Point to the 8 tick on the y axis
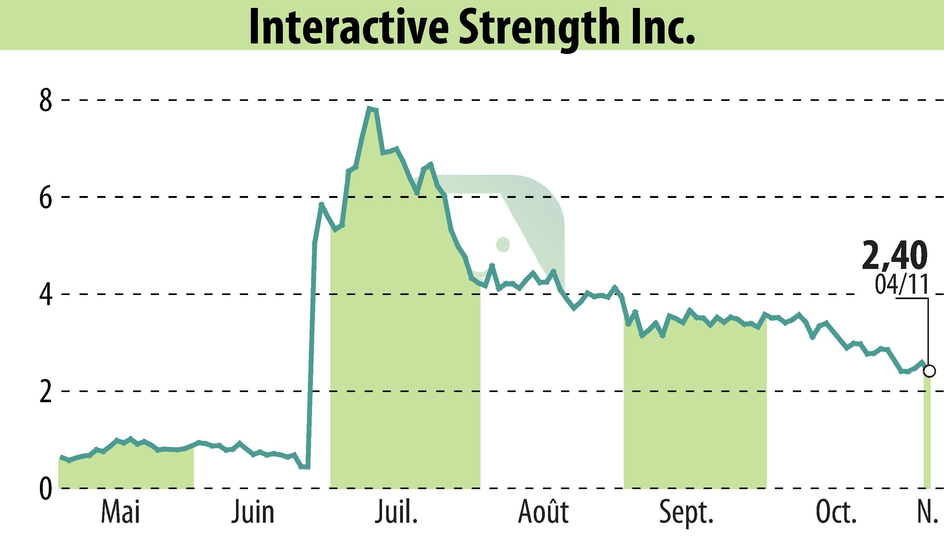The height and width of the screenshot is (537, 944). [x=46, y=100]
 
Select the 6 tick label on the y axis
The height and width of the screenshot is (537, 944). [x=46, y=198]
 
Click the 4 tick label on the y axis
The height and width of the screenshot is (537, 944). [x=46, y=295]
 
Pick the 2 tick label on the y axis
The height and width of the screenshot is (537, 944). [x=46, y=392]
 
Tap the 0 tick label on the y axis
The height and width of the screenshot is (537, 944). [x=46, y=489]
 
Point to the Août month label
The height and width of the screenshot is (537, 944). [x=543, y=511]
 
